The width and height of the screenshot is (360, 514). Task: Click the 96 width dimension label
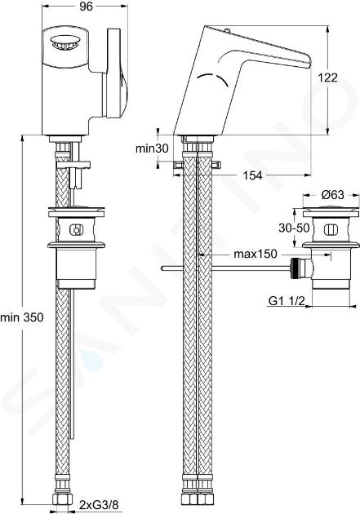pyautogui.click(x=86, y=7)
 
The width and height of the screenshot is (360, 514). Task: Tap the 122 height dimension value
pyautogui.click(x=327, y=78)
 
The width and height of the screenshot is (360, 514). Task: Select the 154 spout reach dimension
pyautogui.click(x=252, y=175)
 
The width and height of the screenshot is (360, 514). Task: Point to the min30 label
pyautogui.click(x=152, y=148)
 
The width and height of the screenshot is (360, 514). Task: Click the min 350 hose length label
pyautogui.click(x=22, y=317)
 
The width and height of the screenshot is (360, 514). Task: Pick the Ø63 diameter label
pyautogui.click(x=333, y=195)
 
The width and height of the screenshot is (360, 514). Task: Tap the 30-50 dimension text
pyautogui.click(x=294, y=228)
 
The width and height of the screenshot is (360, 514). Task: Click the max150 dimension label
pyautogui.click(x=256, y=254)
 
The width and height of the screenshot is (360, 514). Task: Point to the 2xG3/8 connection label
pyautogui.click(x=98, y=506)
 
